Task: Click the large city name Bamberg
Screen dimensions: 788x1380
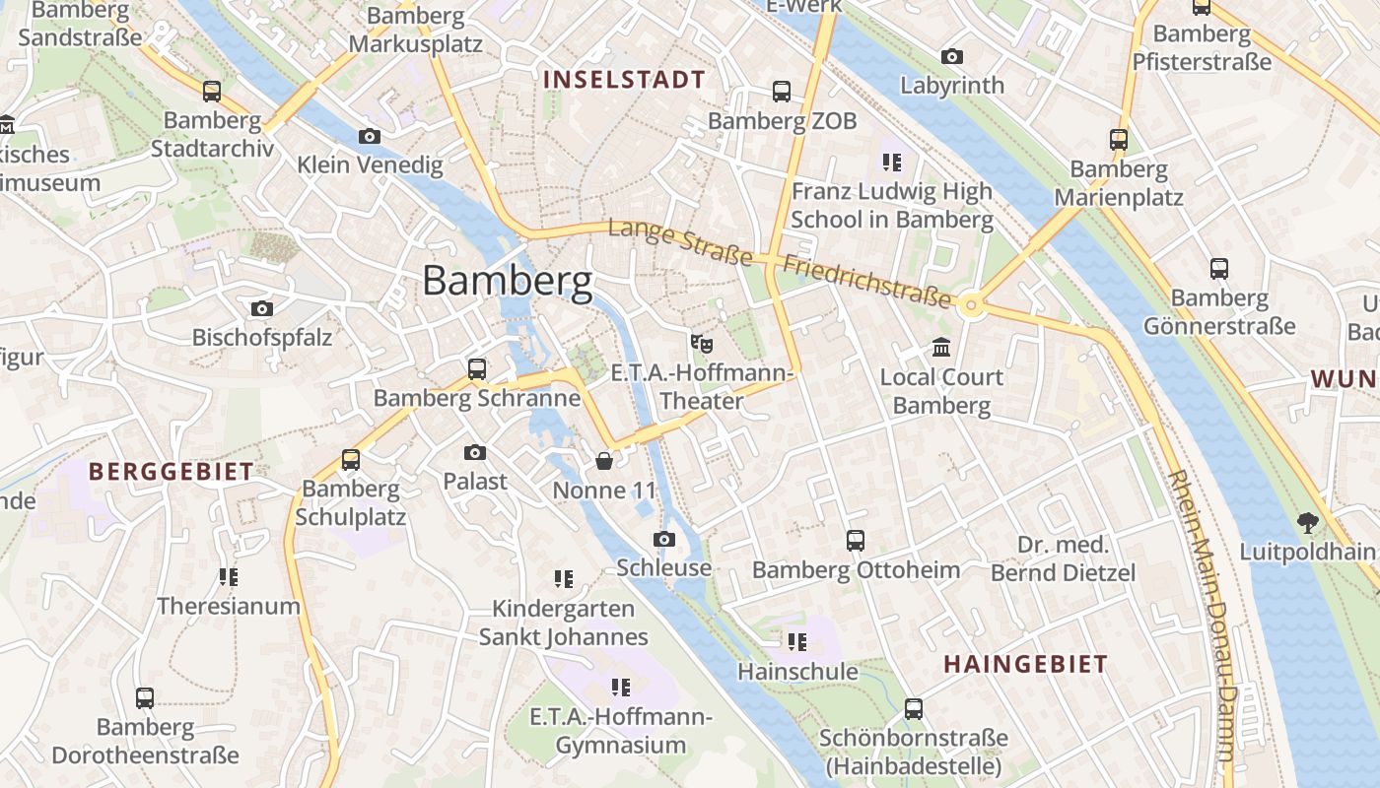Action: (508, 282)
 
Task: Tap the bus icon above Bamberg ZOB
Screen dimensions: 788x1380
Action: (782, 92)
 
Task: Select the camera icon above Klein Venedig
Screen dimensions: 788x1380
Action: (370, 136)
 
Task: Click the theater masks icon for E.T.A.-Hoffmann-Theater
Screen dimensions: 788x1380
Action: (701, 344)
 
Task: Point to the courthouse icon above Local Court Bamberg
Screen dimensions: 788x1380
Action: (941, 348)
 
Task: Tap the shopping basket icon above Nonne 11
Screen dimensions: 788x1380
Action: (604, 461)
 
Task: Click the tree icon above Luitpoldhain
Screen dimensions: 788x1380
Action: (1308, 522)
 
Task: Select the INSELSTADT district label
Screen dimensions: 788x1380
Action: (624, 80)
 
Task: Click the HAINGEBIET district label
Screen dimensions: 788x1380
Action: (1025, 664)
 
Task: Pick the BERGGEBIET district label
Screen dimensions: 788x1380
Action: (172, 471)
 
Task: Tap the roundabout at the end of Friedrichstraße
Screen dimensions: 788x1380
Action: (972, 306)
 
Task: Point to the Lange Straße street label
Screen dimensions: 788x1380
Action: (680, 242)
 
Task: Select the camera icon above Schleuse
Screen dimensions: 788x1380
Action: (664, 539)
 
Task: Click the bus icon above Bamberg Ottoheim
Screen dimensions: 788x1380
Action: (856, 541)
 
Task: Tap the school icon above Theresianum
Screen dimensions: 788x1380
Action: (228, 576)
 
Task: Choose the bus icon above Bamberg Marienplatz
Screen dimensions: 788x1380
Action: (1119, 140)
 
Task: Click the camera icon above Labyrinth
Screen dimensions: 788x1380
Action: (952, 56)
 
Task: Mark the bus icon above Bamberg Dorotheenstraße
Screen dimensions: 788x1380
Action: (145, 698)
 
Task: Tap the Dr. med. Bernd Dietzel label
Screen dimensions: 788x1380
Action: (1063, 558)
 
